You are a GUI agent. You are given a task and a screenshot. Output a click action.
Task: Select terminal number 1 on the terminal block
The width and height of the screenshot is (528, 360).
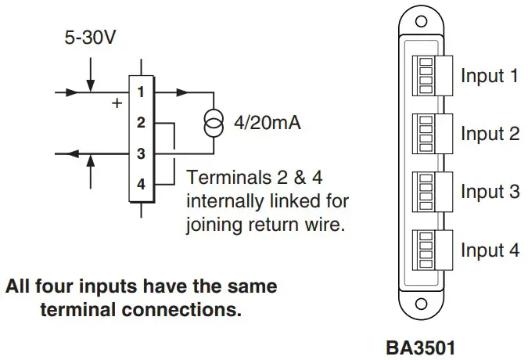coord(141,92)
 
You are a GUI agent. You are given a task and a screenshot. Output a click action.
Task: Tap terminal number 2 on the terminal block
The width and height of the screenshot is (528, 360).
coord(141,123)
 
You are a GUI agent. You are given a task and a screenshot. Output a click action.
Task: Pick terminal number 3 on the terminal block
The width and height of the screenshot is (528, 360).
coord(141,154)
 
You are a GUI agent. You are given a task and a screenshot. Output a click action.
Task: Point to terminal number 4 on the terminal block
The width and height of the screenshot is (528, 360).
coord(141,185)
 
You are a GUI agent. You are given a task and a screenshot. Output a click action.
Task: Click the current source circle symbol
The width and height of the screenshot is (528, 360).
coord(213,123)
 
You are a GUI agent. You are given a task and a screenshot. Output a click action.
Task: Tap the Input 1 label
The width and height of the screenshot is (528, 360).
coord(490,77)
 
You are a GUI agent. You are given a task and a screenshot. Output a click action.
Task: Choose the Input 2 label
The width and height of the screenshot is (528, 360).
coord(490,135)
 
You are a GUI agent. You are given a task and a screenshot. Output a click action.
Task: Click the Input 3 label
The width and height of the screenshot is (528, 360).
coord(490,193)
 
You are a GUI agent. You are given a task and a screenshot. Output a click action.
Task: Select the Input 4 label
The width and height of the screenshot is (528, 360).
coord(490,250)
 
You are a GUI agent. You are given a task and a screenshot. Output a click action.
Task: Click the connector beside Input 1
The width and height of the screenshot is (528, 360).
coord(429,76)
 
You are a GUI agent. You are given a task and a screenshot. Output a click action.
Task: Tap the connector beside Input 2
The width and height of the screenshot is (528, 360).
coord(429,134)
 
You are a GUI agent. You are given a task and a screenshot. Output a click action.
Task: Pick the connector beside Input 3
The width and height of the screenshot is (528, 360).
coord(429,192)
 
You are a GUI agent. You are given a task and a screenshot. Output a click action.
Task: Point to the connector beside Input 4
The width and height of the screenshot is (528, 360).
coord(429,250)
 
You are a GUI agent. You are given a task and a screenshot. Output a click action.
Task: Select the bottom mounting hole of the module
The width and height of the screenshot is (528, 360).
coord(421,303)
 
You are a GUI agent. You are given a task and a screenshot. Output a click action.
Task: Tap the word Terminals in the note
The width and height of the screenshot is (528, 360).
coord(223,176)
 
